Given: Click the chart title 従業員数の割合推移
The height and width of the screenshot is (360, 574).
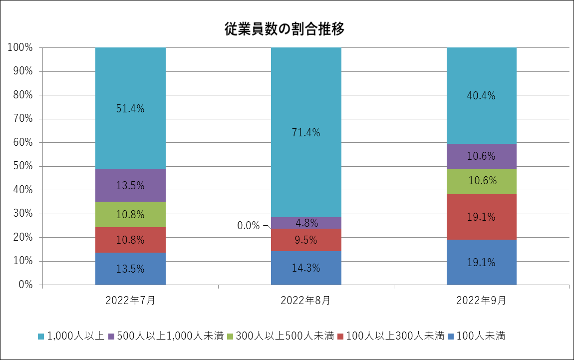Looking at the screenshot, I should pos(285,29).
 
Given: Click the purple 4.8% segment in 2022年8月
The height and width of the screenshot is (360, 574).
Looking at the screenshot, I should pos(306,223).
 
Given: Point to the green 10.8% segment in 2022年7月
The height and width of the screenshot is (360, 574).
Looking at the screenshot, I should pos(130,215).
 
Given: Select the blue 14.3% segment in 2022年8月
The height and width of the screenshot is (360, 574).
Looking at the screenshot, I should pos(306,268).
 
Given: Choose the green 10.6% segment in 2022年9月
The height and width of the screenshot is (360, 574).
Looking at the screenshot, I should pos(481,181).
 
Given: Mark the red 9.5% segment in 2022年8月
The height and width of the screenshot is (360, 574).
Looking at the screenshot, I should pos(306,240).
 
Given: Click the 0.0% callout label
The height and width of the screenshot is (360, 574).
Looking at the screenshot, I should pos(249,226).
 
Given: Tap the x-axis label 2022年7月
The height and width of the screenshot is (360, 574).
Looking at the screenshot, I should pos(130,301).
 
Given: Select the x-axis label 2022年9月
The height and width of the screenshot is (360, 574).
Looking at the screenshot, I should pos(481,301).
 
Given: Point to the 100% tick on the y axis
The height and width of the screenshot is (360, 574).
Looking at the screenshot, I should pos(20,47).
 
